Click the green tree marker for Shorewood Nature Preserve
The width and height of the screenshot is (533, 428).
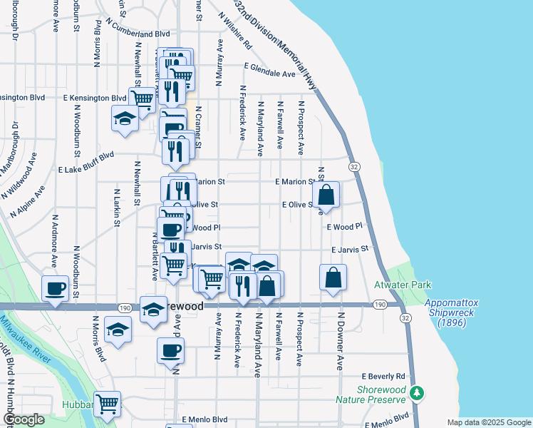click(x=419, y=393)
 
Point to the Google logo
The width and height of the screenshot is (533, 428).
click(x=24, y=419)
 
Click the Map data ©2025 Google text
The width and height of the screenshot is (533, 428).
click(x=488, y=422)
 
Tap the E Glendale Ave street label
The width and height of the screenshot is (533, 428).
click(x=269, y=73)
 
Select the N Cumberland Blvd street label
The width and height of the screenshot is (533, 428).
click(x=137, y=34)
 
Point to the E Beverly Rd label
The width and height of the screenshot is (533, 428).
click(x=383, y=376)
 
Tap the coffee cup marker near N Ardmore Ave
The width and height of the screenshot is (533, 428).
click(x=55, y=289)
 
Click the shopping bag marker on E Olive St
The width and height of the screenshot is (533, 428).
click(x=326, y=194)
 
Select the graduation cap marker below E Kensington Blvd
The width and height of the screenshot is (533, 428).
click(x=125, y=118)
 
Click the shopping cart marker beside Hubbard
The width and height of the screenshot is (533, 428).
click(x=107, y=404)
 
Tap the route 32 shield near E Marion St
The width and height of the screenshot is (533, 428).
click(x=353, y=166)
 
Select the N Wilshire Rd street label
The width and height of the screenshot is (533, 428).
click(x=235, y=30)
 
